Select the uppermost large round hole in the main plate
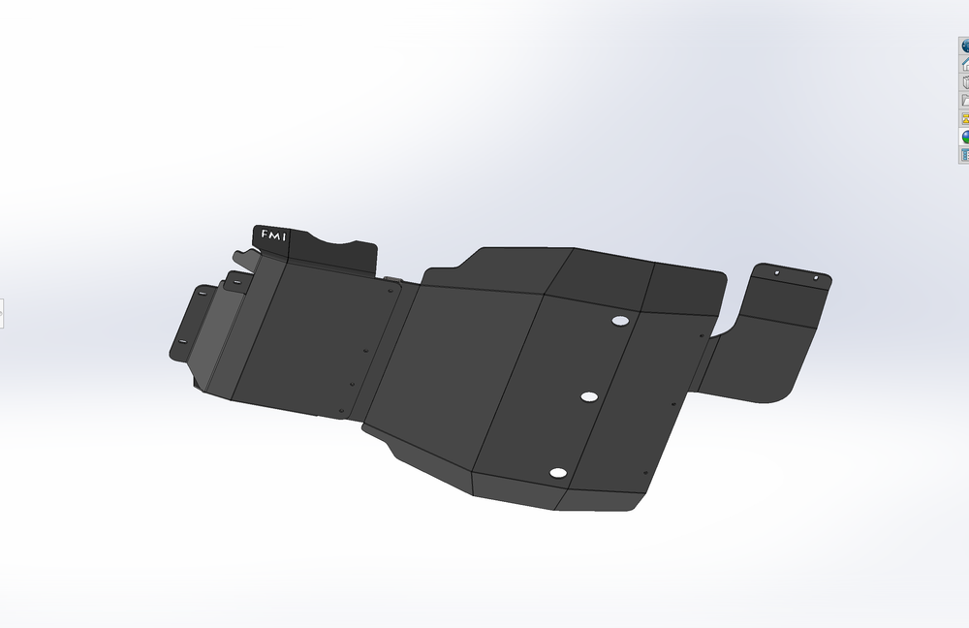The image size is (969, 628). pos(620,321)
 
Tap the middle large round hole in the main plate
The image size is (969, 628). pos(589,397)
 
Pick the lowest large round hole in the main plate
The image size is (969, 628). pos(557,473)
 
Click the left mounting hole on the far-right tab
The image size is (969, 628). pos(777,273)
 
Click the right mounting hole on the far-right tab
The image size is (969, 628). pos(816,278)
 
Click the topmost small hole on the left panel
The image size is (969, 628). pos(364,351)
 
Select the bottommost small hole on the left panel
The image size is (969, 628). pos(341,411)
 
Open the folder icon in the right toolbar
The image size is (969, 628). pos(965,100)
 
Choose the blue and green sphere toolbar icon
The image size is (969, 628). pos(965,137)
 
